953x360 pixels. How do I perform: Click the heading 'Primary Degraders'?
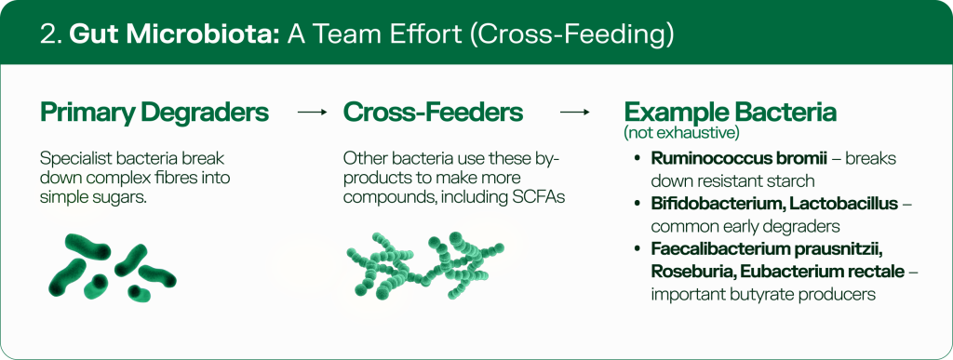point(154,113)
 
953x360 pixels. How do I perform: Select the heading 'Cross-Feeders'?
point(433,113)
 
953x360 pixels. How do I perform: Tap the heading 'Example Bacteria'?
point(730,113)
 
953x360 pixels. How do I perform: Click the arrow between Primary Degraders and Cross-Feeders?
point(313,113)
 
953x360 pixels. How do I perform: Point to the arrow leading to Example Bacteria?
point(575,113)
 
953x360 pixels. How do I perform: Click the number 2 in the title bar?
point(49,34)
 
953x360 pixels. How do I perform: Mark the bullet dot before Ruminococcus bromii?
point(637,158)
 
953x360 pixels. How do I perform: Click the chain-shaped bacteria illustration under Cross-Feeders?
point(424,265)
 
